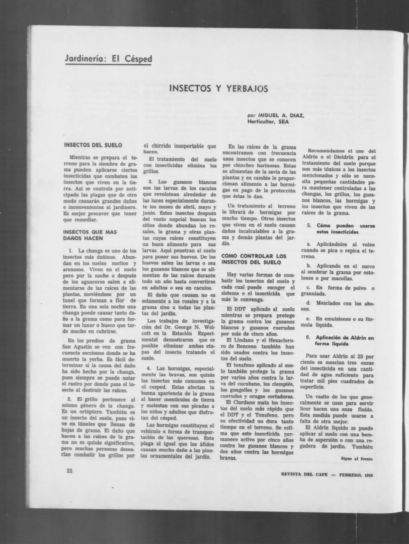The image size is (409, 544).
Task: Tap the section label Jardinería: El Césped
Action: (x=108, y=59)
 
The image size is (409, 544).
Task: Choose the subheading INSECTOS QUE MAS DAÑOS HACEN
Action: (x=90, y=235)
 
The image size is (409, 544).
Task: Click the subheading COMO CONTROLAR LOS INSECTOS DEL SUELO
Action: (x=254, y=259)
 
